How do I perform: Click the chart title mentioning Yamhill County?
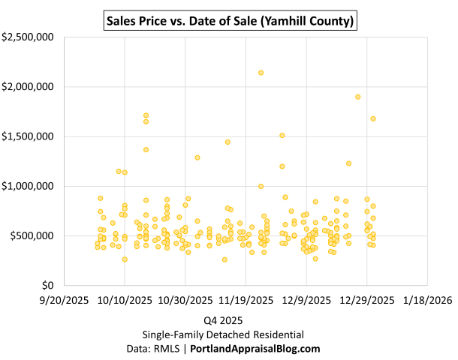[x=229, y=17]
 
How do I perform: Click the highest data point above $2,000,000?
[x=261, y=73]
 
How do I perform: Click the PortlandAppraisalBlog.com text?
[x=255, y=349]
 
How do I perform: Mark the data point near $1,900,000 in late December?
[x=358, y=97]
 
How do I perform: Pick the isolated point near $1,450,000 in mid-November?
[x=227, y=142]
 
